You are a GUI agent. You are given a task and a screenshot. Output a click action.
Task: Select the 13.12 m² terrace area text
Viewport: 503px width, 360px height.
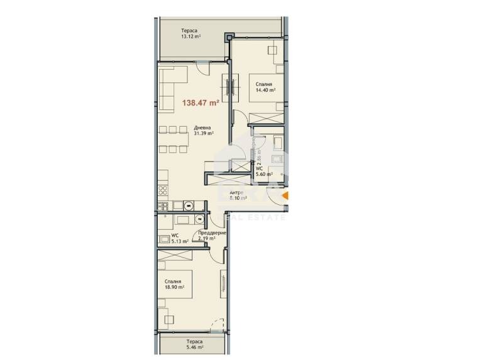click(191, 36)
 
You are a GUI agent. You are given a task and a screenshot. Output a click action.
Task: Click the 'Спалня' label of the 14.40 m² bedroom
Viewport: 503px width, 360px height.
click(263, 84)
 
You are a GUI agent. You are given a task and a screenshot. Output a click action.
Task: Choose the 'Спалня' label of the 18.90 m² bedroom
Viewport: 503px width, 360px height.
click(174, 281)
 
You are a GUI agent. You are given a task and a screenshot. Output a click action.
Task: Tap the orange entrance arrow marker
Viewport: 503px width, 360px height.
click(284, 197)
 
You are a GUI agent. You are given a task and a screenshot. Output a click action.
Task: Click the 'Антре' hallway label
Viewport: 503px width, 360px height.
click(236, 192)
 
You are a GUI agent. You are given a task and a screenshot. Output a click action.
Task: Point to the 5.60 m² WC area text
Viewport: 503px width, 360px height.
click(263, 175)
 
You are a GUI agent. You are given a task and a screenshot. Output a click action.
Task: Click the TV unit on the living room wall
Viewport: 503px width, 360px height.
click(229, 85)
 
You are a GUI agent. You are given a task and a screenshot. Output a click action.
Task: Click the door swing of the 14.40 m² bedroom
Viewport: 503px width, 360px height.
click(239, 117)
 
